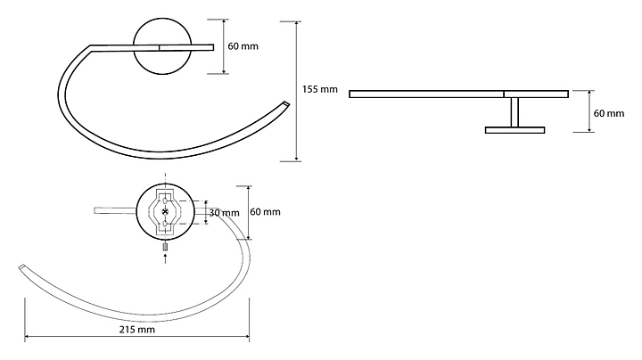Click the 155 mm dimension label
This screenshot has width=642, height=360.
point(320,89)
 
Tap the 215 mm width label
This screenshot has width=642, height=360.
point(137,330)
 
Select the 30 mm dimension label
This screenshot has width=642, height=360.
point(223,213)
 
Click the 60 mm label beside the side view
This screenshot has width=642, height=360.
point(610,113)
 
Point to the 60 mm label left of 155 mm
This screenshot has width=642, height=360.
point(243,45)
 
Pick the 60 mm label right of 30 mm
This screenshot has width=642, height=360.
point(265,211)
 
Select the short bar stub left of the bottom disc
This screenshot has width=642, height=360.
point(113,211)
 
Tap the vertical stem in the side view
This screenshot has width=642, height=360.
point(514,112)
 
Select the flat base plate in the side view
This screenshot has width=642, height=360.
point(514,130)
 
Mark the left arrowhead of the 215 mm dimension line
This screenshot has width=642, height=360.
point(27,338)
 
